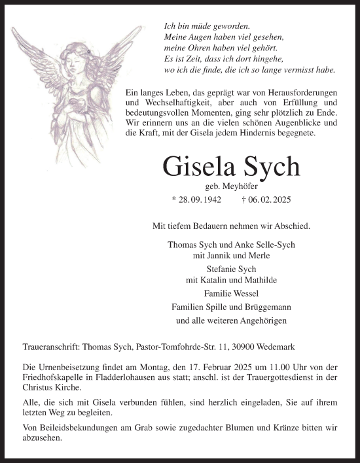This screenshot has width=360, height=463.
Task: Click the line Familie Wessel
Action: (x=231, y=294)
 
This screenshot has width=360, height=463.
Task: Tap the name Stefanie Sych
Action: (x=230, y=268)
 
